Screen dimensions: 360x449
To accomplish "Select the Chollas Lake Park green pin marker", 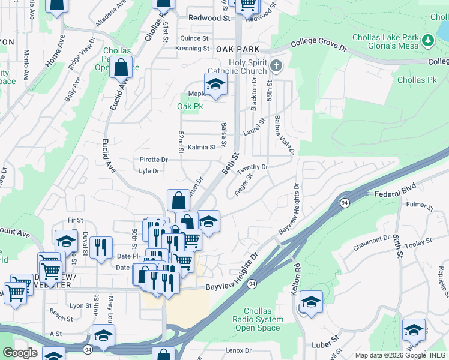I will (x=427, y=41).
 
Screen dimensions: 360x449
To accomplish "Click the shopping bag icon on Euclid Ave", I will (x=121, y=67).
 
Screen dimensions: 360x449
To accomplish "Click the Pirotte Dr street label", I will (x=153, y=160).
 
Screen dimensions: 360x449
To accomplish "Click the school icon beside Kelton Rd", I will (x=311, y=302).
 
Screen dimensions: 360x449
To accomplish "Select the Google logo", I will (x=20, y=353).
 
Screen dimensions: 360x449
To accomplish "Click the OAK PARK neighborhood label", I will (x=237, y=49).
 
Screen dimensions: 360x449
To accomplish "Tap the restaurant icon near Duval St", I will (x=100, y=247).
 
